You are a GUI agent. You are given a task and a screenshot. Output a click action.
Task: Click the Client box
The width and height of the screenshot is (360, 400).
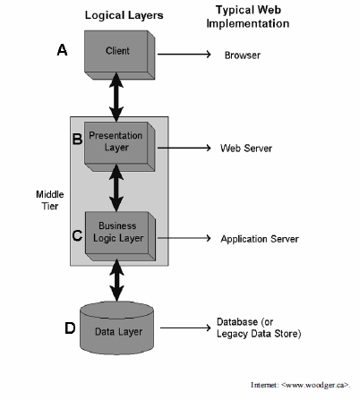[x=120, y=55]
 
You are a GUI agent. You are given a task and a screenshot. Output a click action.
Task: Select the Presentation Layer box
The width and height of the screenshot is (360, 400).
[x=120, y=147]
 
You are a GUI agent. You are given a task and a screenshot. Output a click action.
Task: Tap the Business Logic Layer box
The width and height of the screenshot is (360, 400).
[x=120, y=236]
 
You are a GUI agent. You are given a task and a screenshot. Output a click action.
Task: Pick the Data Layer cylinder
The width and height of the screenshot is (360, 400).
[x=116, y=328]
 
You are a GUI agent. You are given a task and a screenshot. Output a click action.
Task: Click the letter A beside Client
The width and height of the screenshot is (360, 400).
[x=62, y=50]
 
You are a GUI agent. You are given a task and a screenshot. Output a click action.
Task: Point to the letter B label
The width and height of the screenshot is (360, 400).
[x=77, y=139]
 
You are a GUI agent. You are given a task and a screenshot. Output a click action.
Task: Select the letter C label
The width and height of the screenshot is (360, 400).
[x=77, y=235]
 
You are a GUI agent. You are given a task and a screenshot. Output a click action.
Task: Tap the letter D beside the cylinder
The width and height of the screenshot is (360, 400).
[x=70, y=328]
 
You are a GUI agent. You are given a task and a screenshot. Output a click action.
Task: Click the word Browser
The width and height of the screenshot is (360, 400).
[x=243, y=55]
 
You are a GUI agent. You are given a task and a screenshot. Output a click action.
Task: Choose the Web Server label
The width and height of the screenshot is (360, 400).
[x=246, y=149]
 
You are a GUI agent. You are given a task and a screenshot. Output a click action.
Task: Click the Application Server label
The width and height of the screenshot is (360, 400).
[x=260, y=239]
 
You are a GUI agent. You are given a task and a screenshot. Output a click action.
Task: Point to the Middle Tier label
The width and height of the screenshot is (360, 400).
[x=50, y=200]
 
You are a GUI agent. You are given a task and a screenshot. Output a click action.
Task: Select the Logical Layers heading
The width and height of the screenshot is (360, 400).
[x=124, y=15]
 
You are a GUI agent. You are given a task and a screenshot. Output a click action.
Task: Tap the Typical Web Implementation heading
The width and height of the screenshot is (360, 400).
[x=248, y=17]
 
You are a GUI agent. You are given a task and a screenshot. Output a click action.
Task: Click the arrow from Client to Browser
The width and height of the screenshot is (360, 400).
[x=184, y=55]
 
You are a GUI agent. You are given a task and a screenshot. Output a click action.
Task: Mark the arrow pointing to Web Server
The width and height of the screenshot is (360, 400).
[x=184, y=148]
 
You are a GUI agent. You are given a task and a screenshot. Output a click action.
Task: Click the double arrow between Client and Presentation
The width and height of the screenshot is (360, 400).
[x=116, y=98]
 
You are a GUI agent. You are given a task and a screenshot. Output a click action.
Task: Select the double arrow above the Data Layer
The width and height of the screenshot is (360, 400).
[x=116, y=280]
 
